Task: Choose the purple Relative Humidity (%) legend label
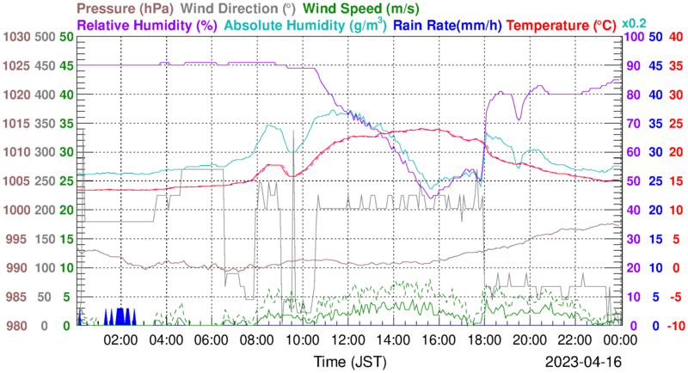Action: point(145,26)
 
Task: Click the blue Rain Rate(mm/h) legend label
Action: point(447,26)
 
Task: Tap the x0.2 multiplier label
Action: point(636,23)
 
